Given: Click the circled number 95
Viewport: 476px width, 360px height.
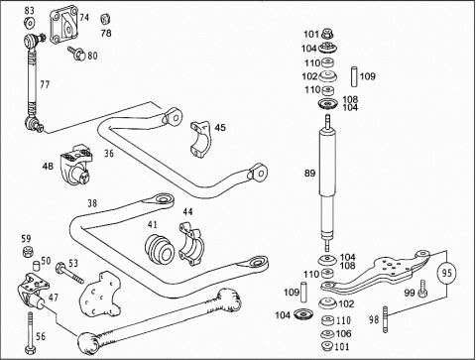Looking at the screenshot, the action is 446,273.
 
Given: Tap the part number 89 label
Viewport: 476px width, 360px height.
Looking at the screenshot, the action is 309,173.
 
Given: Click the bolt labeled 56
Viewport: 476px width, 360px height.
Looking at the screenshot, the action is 30,333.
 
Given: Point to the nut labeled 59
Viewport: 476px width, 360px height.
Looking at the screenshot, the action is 28,252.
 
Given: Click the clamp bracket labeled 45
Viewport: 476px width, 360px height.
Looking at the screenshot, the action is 199,139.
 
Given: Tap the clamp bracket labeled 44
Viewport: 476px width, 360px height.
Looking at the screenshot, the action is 191,243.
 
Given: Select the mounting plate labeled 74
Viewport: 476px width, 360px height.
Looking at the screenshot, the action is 64,28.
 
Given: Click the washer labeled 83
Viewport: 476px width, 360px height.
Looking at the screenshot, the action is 30,23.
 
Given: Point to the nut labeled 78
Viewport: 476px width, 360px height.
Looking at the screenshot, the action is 105,19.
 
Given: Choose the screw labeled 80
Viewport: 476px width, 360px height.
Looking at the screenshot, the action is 76,54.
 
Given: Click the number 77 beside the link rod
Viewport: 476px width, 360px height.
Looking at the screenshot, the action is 45,84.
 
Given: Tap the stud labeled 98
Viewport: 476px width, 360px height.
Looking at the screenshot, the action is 385,319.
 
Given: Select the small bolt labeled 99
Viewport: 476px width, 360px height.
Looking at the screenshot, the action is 422,289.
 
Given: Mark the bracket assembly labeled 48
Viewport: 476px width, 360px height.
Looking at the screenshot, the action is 76,165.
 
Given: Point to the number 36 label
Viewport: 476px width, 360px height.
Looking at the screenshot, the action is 109,154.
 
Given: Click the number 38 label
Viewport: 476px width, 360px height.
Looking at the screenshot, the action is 92,203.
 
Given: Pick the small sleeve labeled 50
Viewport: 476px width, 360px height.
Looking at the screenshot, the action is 36,266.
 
